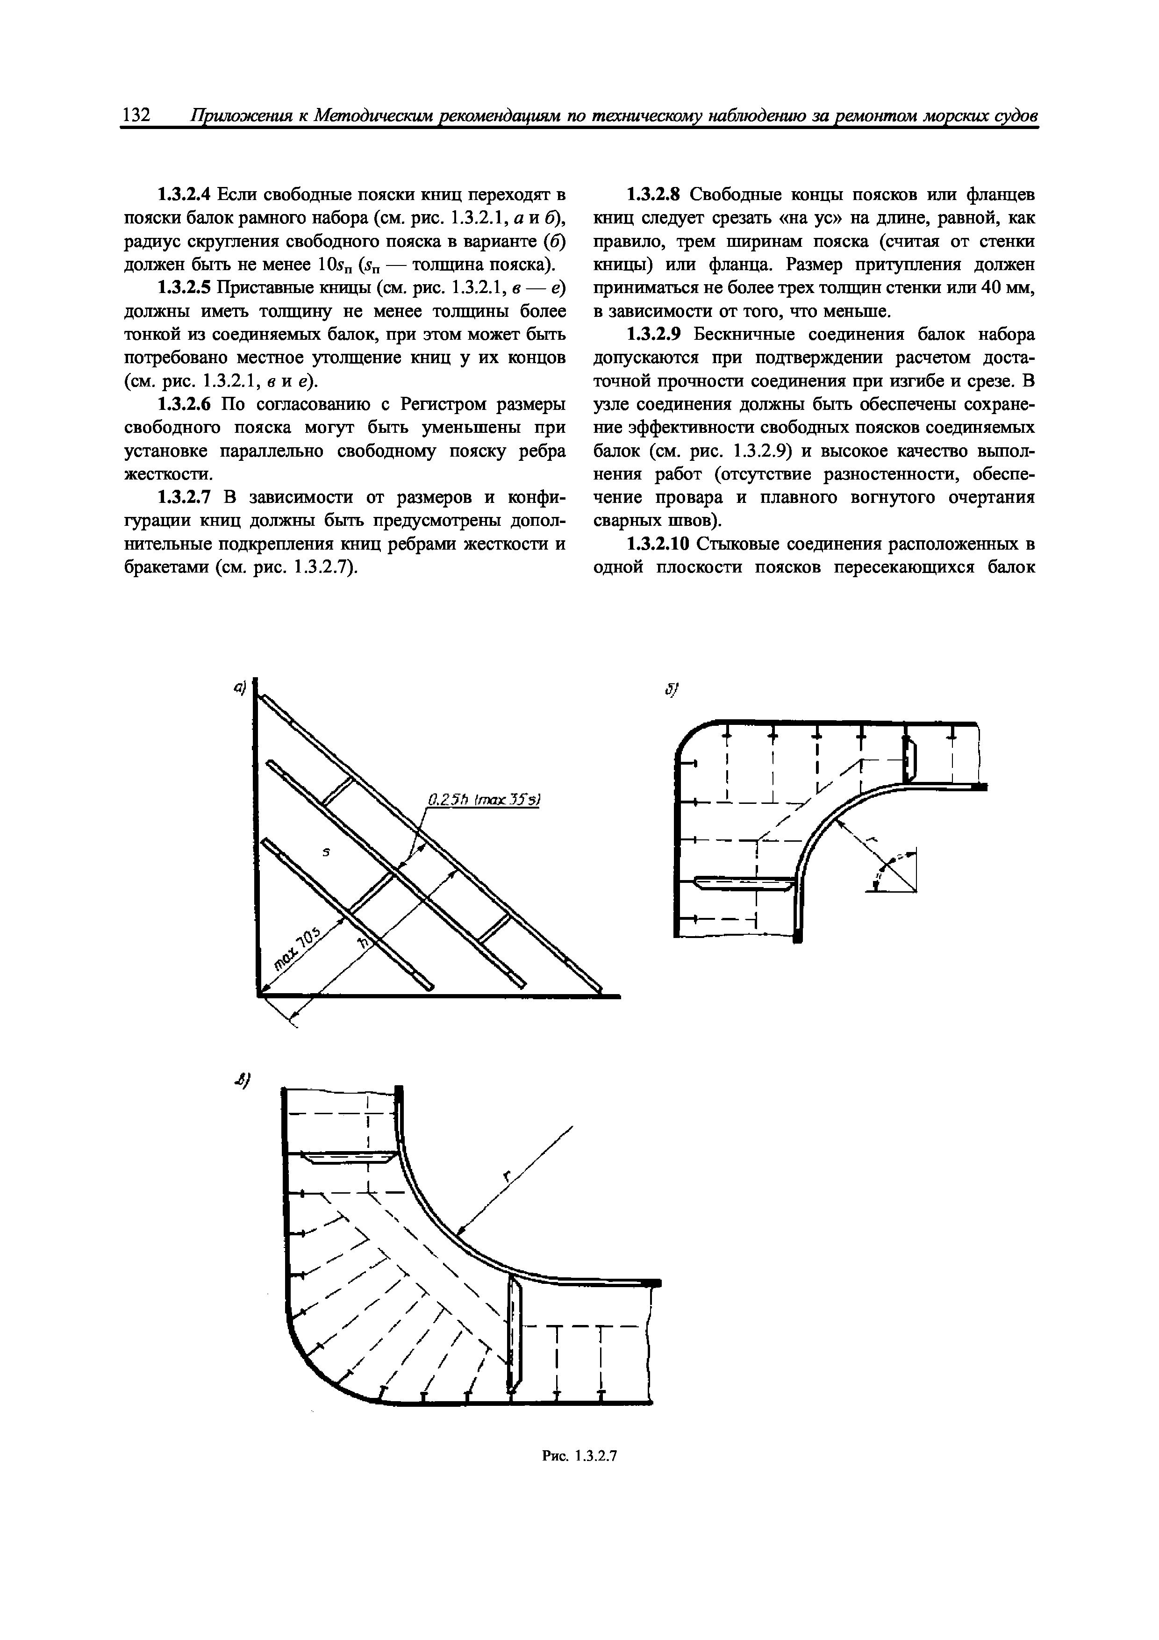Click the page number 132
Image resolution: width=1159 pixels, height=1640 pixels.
[136, 115]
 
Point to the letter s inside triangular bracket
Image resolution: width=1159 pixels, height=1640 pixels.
[326, 852]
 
